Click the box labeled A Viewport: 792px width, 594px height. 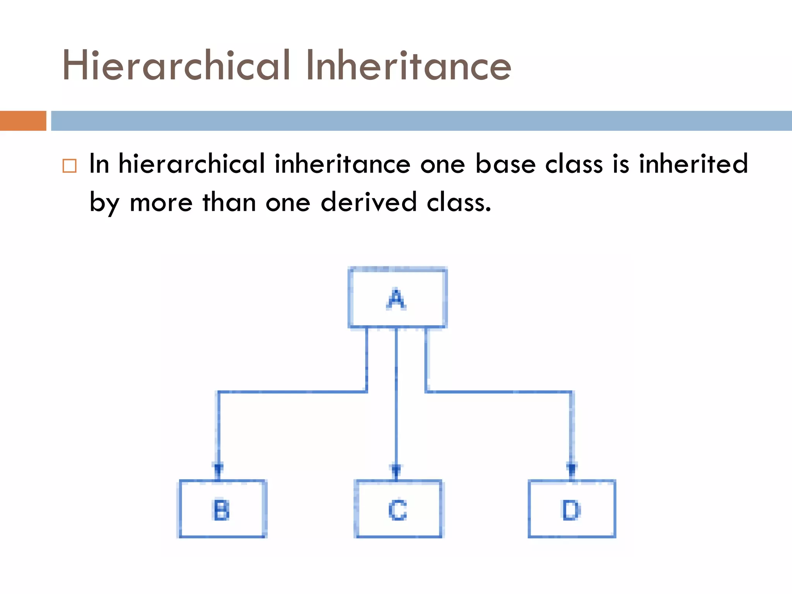pyautogui.click(x=398, y=298)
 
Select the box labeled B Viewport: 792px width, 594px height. pyautogui.click(x=222, y=509)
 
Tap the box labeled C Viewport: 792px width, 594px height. pyautogui.click(x=398, y=509)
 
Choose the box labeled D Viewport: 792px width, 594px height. pyautogui.click(x=572, y=509)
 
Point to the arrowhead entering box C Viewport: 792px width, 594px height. pyautogui.click(x=396, y=469)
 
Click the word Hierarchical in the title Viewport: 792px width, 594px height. pyautogui.click(x=176, y=66)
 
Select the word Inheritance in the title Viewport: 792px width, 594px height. pyautogui.click(x=408, y=66)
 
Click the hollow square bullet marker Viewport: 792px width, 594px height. pyautogui.click(x=70, y=166)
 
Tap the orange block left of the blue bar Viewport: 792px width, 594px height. pyautogui.click(x=23, y=121)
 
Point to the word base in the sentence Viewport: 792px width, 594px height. pyautogui.click(x=505, y=164)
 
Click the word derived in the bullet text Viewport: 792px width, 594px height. pyautogui.click(x=369, y=202)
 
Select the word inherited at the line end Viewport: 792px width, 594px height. pyautogui.click(x=693, y=164)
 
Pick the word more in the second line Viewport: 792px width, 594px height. pyautogui.click(x=161, y=203)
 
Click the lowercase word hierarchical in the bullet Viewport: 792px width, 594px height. pyautogui.click(x=192, y=164)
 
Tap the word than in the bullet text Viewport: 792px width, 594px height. pyautogui.click(x=229, y=202)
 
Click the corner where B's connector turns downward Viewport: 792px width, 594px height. pyautogui.click(x=219, y=393)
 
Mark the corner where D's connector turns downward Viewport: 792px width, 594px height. pyautogui.click(x=572, y=393)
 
